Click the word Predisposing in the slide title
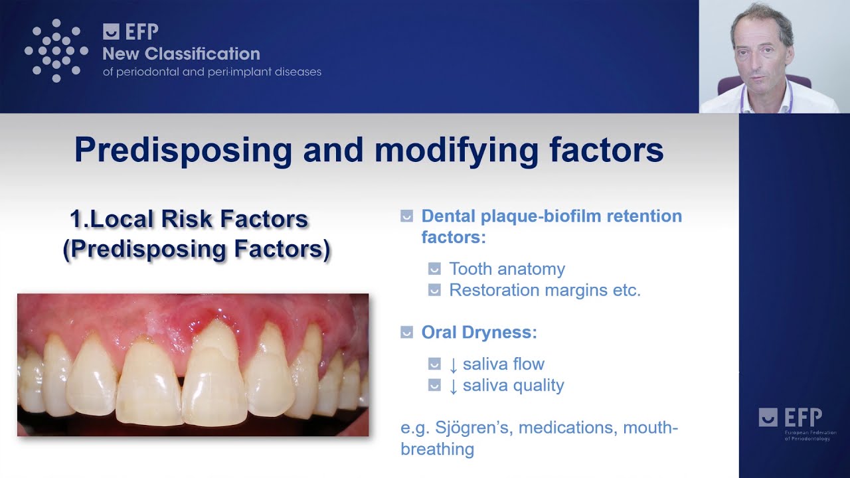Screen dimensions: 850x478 pyautogui.click(x=183, y=151)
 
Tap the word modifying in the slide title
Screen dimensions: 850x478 pyautogui.click(x=456, y=151)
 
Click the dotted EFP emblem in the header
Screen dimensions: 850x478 pyautogui.click(x=56, y=50)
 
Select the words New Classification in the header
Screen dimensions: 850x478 pyautogui.click(x=181, y=54)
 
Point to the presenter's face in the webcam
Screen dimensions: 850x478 pyautogui.click(x=762, y=49)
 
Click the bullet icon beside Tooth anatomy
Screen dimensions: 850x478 pyautogui.click(x=434, y=269)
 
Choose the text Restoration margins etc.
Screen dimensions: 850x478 pyautogui.click(x=545, y=290)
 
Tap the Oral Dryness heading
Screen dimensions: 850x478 pyautogui.click(x=479, y=333)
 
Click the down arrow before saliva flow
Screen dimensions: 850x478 pyautogui.click(x=453, y=365)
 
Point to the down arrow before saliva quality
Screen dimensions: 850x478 pyautogui.click(x=453, y=386)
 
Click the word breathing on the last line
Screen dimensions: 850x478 pyautogui.click(x=438, y=449)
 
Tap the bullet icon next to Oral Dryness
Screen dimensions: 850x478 pyautogui.click(x=407, y=333)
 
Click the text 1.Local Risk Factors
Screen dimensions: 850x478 pyautogui.click(x=189, y=219)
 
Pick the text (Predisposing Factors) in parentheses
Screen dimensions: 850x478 pyautogui.click(x=197, y=249)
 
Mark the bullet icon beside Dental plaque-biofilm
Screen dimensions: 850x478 pyautogui.click(x=407, y=216)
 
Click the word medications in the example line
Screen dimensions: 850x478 pyautogui.click(x=566, y=428)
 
